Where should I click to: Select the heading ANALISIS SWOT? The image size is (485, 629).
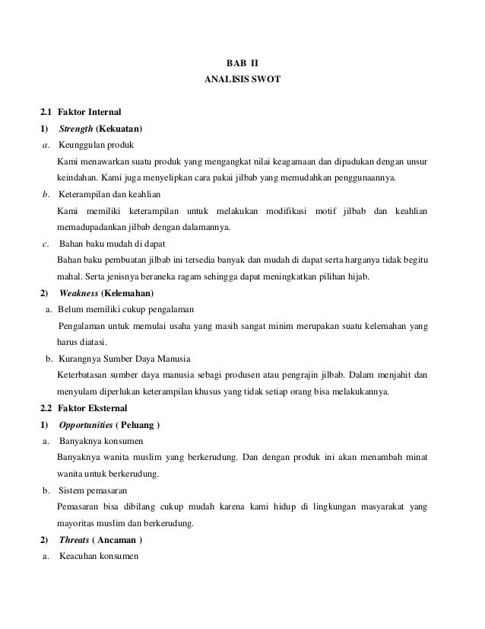242,78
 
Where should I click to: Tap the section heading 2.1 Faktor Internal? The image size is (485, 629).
78,112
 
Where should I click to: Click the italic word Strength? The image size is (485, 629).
76,126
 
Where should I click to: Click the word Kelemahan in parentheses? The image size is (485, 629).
129,293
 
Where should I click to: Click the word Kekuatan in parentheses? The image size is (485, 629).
120,126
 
